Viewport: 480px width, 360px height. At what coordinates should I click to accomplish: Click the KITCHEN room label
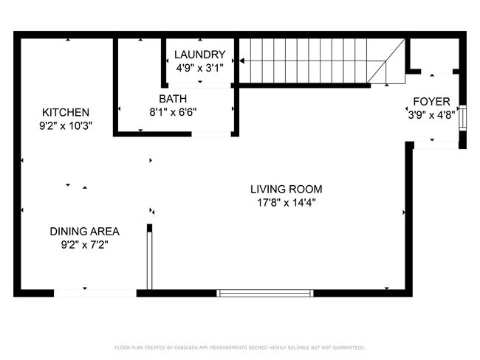[65, 112]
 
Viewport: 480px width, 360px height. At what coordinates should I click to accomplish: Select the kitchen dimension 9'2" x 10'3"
[65, 126]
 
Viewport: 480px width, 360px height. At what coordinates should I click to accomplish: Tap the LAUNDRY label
[199, 55]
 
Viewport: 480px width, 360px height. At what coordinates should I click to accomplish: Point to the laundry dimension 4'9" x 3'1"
[199, 67]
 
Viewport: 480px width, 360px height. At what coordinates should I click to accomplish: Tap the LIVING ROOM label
[286, 189]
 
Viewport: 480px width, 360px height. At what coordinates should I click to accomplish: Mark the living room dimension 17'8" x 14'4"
[286, 202]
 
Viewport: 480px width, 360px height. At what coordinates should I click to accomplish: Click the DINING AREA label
[84, 230]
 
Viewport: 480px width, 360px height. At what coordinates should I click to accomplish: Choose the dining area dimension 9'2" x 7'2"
[84, 243]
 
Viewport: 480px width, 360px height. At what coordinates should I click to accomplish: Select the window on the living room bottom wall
[265, 293]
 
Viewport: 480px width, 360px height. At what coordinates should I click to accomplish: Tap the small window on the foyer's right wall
[463, 118]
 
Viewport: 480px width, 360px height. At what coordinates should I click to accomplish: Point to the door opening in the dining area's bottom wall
[95, 293]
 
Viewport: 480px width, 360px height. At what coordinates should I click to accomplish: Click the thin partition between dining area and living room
[149, 258]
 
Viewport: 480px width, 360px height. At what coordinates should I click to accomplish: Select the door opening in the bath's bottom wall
[211, 134]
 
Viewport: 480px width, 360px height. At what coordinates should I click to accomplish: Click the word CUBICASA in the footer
[183, 347]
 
